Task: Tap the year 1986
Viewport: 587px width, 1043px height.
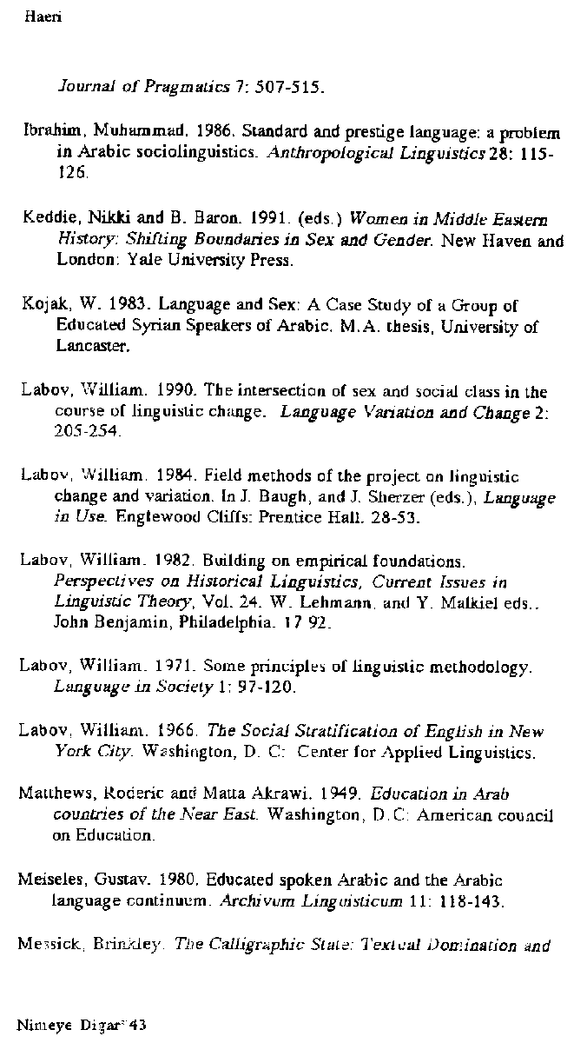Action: (x=213, y=135)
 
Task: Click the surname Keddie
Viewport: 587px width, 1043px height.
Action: (x=48, y=219)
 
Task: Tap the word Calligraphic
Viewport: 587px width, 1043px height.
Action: (x=265, y=946)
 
